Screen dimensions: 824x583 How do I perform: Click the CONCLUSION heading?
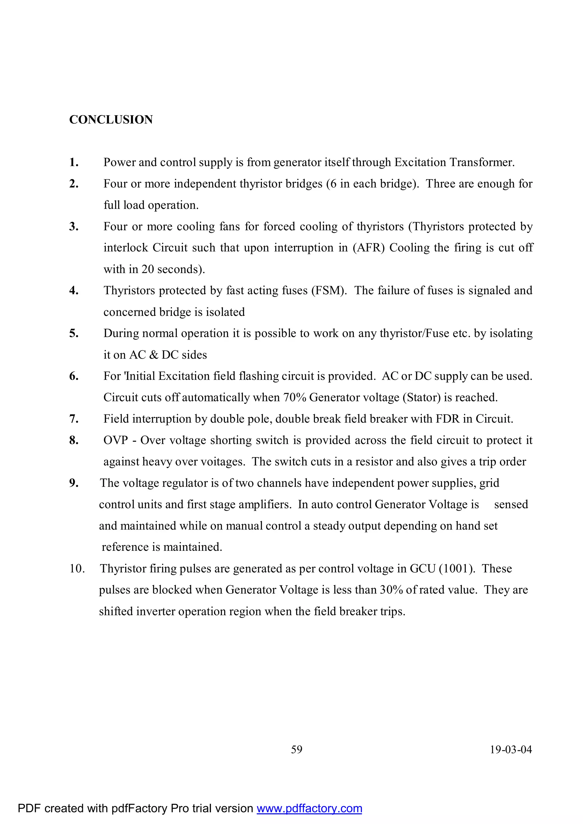coord(111,120)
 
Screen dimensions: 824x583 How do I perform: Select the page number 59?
coord(297,749)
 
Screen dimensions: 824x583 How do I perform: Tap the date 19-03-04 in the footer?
coord(511,749)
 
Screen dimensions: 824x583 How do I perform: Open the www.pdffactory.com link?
coord(309,808)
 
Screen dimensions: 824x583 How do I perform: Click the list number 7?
coord(74,419)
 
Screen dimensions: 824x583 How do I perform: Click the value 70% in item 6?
coord(294,397)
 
